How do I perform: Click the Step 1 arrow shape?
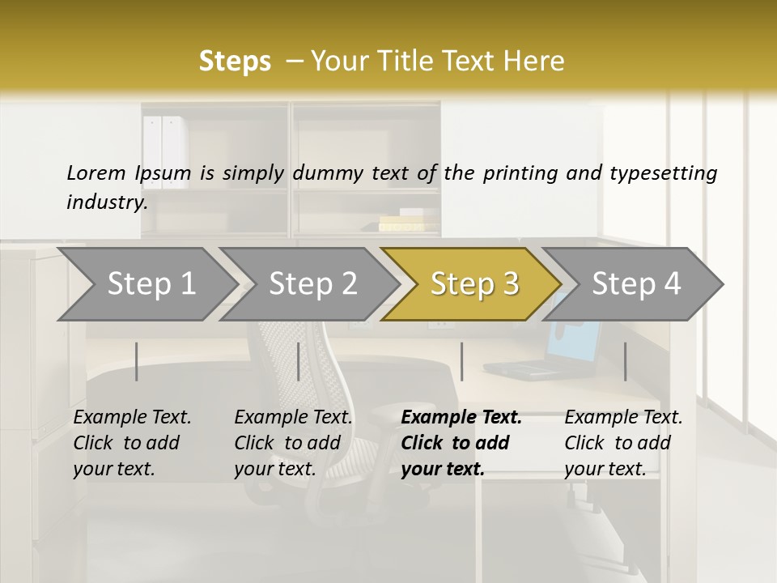tap(150, 284)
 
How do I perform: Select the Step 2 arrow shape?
tap(312, 284)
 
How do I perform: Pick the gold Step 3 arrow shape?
tap(473, 284)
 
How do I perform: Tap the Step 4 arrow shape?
tap(635, 284)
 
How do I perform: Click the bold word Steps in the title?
tap(235, 62)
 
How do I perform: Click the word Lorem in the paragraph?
tap(96, 172)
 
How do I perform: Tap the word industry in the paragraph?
tap(106, 202)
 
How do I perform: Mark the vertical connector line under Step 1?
tap(137, 361)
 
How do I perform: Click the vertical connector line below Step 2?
tap(299, 361)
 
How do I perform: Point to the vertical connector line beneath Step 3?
tap(461, 361)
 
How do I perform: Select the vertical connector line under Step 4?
tap(625, 361)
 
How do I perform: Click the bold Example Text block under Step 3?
tap(461, 443)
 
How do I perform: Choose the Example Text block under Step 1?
tap(132, 443)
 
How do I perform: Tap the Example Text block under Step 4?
tap(623, 443)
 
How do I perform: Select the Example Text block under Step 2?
tap(293, 443)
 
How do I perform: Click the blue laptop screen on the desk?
tap(574, 337)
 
